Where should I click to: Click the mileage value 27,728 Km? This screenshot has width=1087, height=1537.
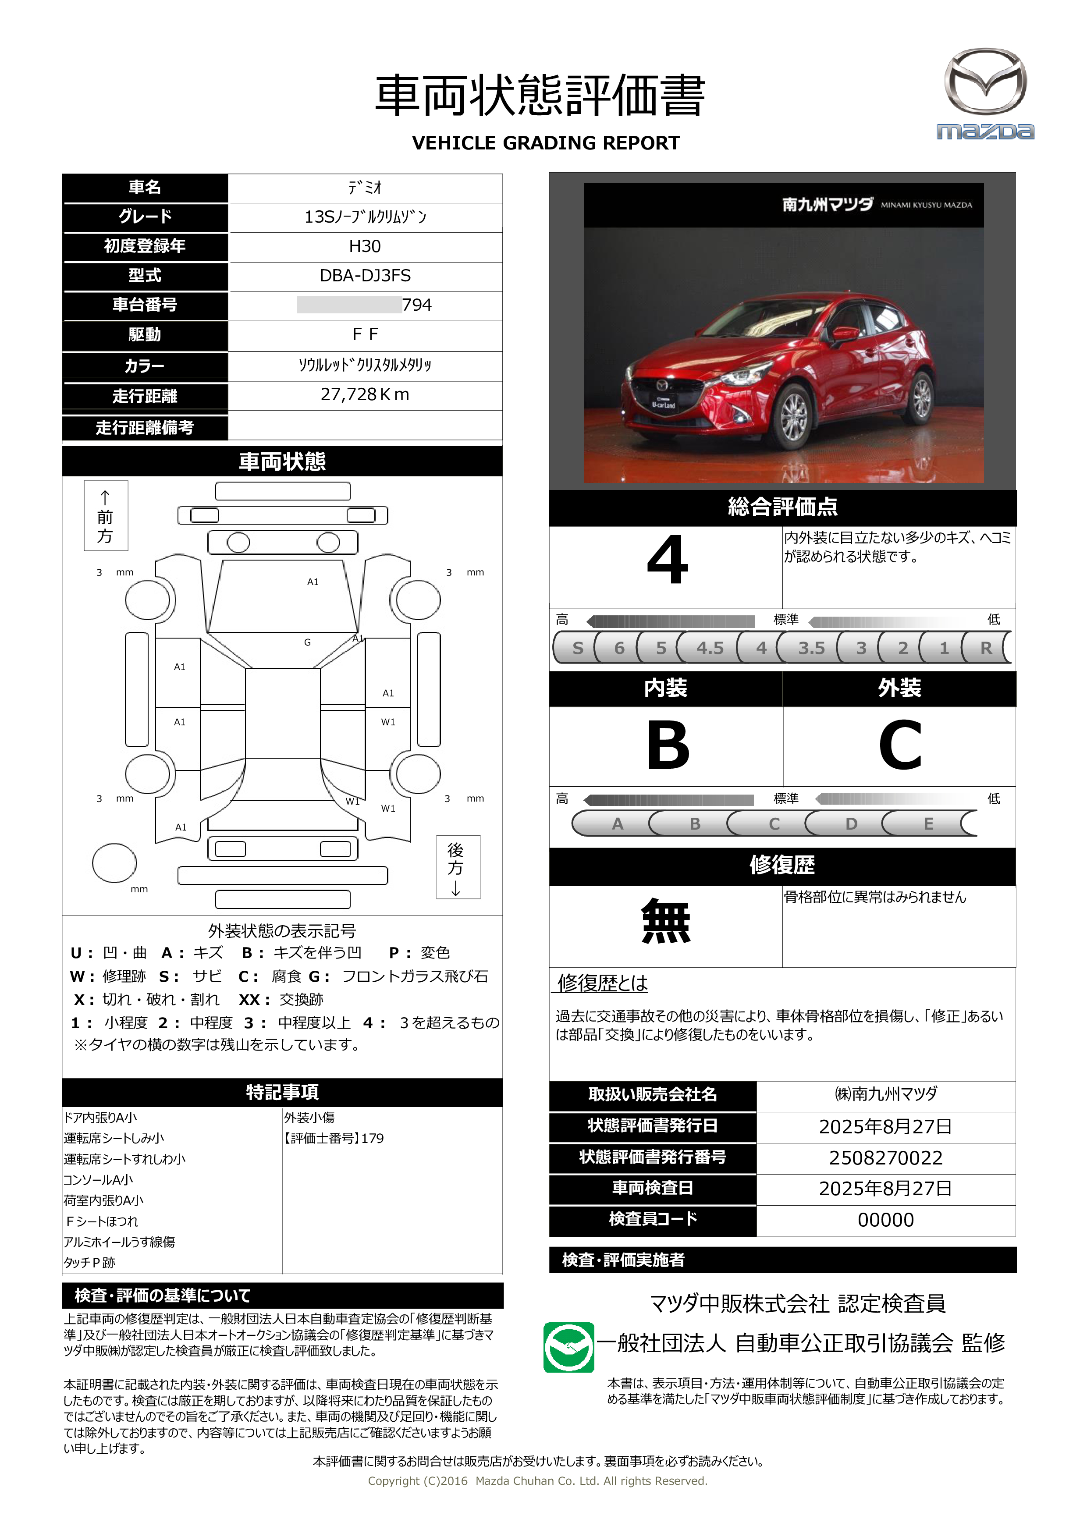(365, 395)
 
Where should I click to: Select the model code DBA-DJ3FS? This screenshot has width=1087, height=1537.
(365, 276)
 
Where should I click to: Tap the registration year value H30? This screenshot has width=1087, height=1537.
(365, 246)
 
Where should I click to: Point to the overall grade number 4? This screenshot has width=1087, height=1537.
(668, 561)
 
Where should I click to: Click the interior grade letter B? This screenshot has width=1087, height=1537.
(668, 745)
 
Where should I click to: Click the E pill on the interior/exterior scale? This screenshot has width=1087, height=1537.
(928, 824)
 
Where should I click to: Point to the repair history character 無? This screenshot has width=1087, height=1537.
(665, 922)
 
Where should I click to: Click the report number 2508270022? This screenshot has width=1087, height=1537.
(885, 1158)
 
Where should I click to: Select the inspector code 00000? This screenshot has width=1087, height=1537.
(885, 1220)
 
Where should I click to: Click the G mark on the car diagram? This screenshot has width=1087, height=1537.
(307, 642)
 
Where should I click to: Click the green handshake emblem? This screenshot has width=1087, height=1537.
(568, 1347)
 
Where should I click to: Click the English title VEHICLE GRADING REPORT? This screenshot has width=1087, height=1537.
(546, 143)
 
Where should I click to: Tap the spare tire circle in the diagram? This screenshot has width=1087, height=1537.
(114, 863)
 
